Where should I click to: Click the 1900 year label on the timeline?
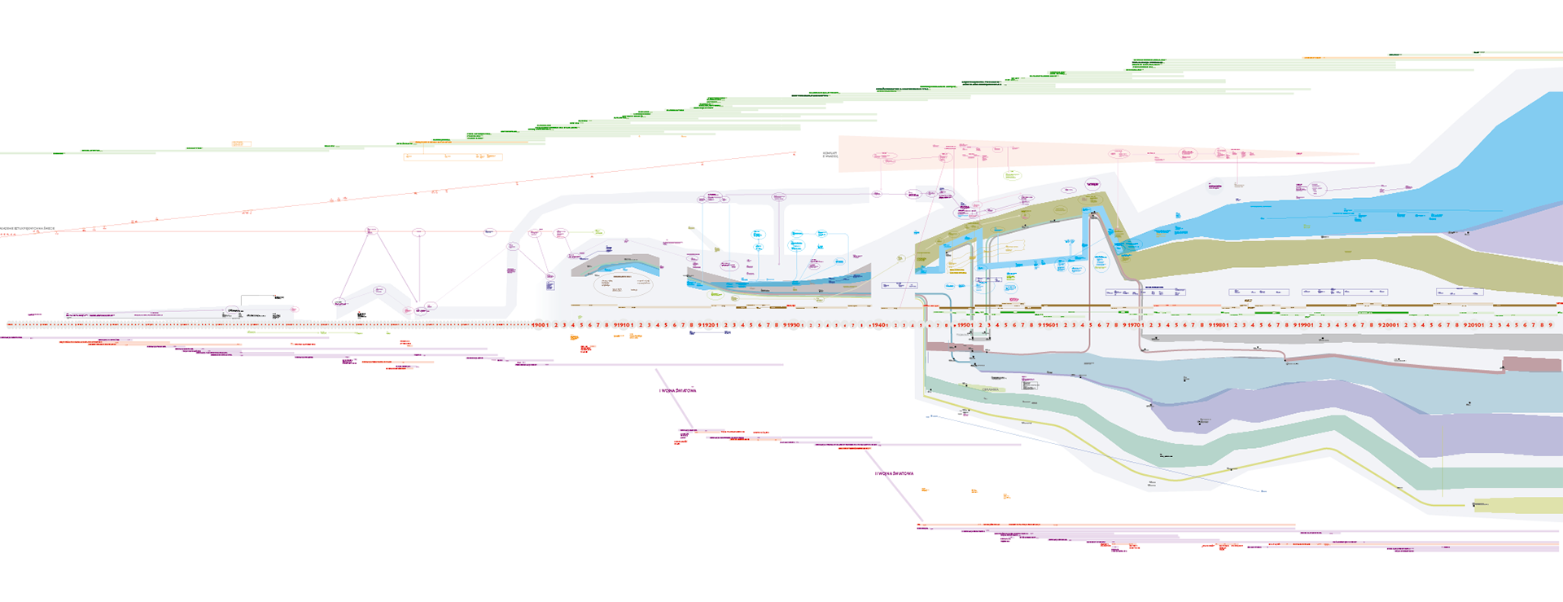click(x=538, y=325)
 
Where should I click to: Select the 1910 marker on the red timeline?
click(x=624, y=325)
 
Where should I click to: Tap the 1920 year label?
click(x=708, y=325)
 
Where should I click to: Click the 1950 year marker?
click(x=964, y=325)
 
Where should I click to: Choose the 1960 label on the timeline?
click(x=1049, y=325)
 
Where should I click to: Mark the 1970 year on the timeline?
click(x=1133, y=325)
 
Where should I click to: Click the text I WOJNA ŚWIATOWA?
click(x=677, y=391)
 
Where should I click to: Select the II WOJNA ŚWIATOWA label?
click(x=894, y=473)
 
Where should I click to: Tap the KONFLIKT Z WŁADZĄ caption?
click(x=830, y=155)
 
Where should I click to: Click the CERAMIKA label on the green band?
click(x=990, y=389)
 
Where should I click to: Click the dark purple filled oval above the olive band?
click(x=1092, y=184)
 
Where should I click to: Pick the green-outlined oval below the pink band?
click(x=1012, y=175)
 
